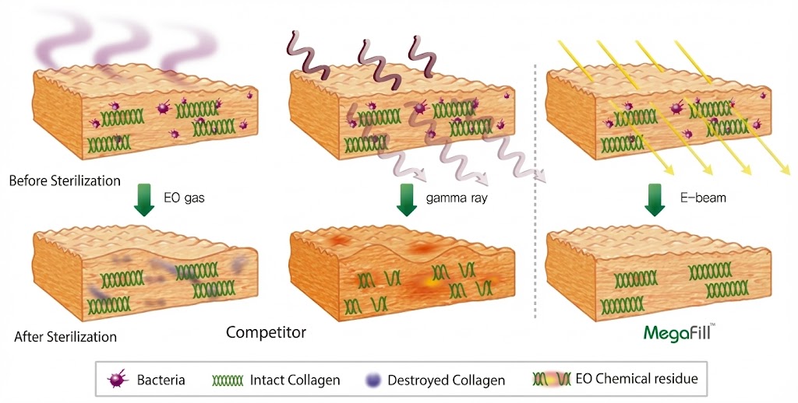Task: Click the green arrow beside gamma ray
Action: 407,200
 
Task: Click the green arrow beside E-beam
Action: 655,199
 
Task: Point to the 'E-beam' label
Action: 703,198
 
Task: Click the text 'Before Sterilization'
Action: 65,180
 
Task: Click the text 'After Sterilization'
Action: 65,337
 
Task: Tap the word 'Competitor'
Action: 266,333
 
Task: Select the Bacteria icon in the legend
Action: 118,380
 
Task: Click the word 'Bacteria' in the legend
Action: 161,380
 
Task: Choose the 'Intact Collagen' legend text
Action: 294,380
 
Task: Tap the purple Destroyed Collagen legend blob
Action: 373,380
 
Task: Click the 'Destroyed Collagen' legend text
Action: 447,380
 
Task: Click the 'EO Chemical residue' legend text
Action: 636,380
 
